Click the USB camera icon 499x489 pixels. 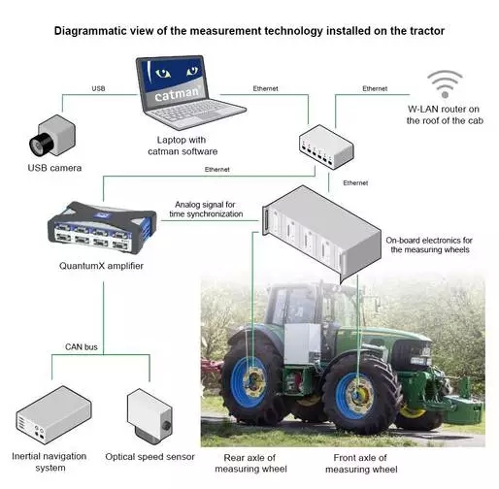pos(52,135)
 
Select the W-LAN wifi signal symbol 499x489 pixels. pos(445,83)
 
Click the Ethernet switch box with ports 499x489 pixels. pos(326,147)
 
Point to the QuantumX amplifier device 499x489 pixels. pos(102,227)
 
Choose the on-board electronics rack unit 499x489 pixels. pos(321,233)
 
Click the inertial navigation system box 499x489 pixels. pos(54,415)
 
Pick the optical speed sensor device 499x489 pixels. pos(150,414)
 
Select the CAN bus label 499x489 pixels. pos(82,347)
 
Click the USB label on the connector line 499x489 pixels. pos(98,88)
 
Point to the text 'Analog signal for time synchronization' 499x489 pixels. pos(206,210)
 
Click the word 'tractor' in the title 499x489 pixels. pos(427,31)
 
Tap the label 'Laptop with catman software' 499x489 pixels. pos(183,146)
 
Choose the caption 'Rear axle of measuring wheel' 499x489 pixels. pos(250,464)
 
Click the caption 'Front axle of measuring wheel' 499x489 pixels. pos(361,464)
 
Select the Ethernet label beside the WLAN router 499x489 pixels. pos(375,88)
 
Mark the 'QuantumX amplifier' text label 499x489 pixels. pos(101,266)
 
